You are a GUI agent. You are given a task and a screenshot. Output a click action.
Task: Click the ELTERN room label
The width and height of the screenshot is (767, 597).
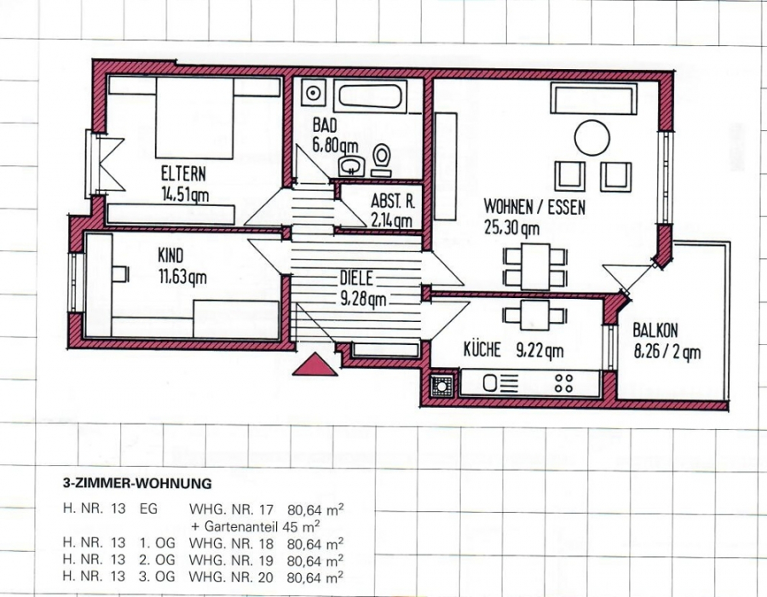183,175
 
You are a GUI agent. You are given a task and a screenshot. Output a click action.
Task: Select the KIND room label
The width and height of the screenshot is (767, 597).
170,255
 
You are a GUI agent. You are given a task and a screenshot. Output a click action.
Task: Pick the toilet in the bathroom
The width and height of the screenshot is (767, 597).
382,157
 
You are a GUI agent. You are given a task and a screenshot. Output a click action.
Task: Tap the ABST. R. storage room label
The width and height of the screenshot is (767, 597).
391,203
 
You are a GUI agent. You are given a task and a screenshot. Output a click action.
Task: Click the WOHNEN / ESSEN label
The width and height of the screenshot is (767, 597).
534,207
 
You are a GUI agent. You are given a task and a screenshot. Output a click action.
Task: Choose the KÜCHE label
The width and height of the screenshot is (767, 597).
482,349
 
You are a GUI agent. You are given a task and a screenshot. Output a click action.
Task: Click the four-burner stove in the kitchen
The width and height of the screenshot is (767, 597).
563,383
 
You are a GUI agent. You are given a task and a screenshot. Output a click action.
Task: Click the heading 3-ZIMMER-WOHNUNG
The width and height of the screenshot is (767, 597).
137,483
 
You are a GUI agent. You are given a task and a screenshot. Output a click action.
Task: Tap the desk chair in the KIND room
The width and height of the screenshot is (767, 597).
119,273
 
